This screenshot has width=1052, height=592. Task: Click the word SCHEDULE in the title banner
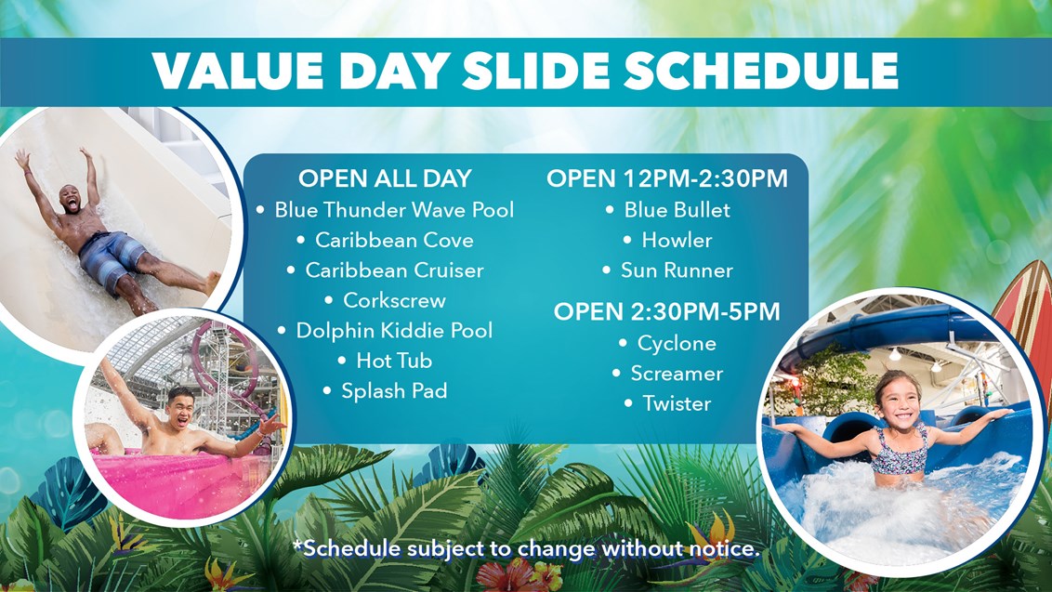(x=761, y=70)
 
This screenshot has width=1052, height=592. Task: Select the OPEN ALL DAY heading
(x=385, y=178)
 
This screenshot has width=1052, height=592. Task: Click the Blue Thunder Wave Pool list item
(x=394, y=210)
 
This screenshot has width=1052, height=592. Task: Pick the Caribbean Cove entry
(x=394, y=241)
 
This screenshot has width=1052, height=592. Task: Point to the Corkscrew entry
(x=394, y=300)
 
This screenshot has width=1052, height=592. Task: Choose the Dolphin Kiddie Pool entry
(x=394, y=330)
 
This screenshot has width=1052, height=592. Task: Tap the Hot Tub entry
(x=394, y=361)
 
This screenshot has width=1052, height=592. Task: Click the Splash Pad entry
(x=394, y=390)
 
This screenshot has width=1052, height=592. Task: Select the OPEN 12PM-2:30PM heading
(x=667, y=178)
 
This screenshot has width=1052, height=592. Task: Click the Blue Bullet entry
(x=677, y=210)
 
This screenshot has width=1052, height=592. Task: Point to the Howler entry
(x=677, y=241)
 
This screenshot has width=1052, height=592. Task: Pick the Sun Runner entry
(x=677, y=270)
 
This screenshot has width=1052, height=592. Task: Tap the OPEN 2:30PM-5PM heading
(x=667, y=311)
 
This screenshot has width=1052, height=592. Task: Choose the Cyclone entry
(x=677, y=344)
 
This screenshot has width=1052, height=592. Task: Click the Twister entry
(x=677, y=403)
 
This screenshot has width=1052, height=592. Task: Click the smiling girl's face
(x=899, y=402)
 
